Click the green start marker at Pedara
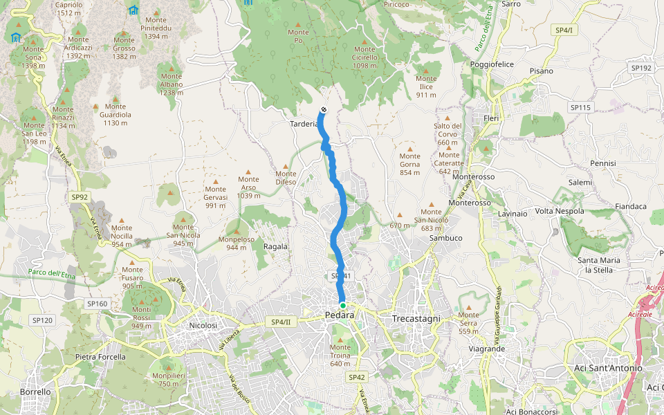click(342, 305)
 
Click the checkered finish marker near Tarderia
click(324, 110)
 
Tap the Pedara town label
click(339, 316)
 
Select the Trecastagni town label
click(416, 318)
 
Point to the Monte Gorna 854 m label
click(409, 164)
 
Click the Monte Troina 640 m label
click(340, 355)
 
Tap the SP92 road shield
click(80, 197)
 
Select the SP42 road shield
click(356, 377)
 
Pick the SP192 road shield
click(641, 68)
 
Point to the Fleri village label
click(491, 118)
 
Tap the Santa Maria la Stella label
click(599, 265)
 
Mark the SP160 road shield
click(97, 304)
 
